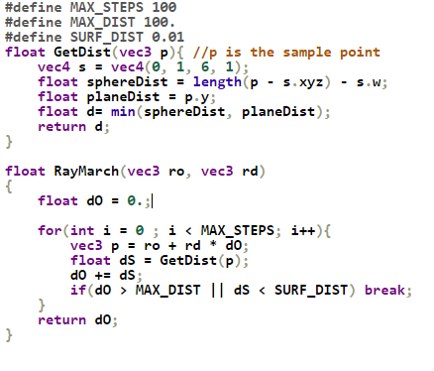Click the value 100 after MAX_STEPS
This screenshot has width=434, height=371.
(x=163, y=9)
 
